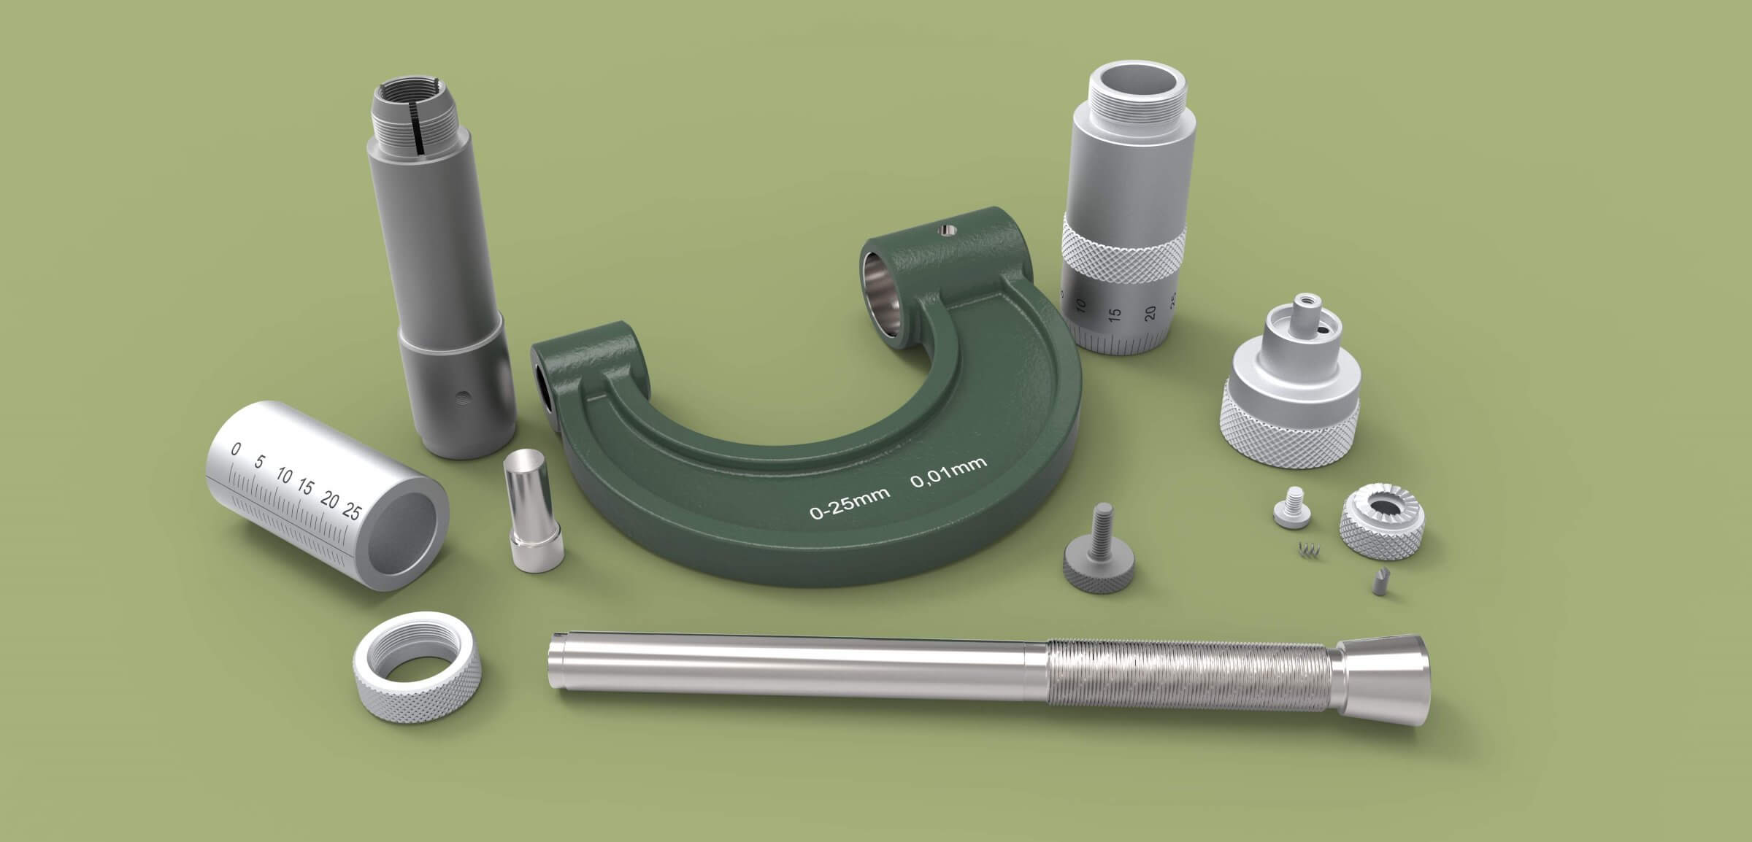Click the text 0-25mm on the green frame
point(849,503)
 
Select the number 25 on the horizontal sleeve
point(351,511)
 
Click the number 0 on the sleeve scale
point(235,449)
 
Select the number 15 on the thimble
point(1115,315)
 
